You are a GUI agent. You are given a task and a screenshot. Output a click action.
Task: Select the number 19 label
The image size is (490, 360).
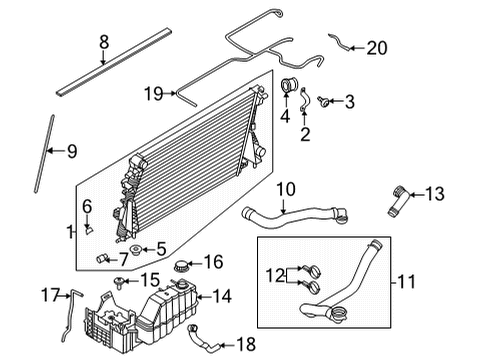(x=153, y=94)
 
